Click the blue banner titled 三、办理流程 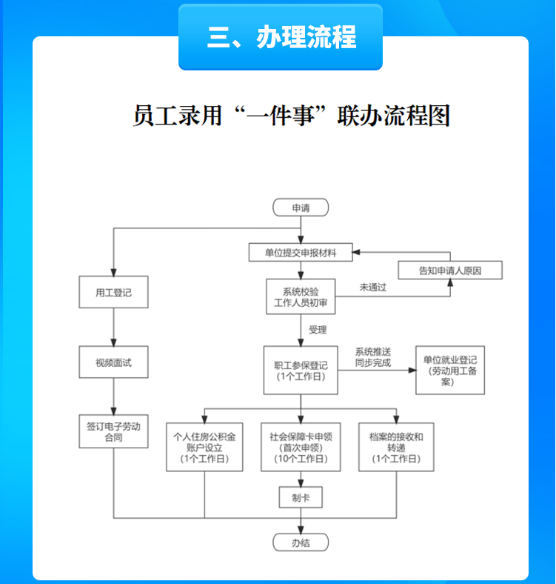tap(281, 36)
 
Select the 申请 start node tap(301, 208)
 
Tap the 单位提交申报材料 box tap(301, 253)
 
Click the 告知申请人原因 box tap(450, 271)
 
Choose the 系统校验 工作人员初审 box tap(301, 296)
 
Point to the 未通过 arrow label tap(373, 287)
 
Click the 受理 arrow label tap(318, 330)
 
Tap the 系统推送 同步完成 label tap(372, 357)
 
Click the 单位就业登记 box tap(450, 370)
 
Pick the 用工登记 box tap(114, 292)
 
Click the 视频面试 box tap(114, 363)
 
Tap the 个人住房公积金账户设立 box tap(204, 448)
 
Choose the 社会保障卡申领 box tap(301, 448)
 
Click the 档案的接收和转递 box tap(396, 448)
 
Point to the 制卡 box tap(301, 497)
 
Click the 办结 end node tap(301, 543)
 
